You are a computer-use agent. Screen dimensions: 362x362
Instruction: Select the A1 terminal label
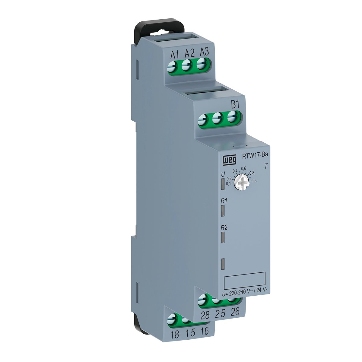(x=43, y=55)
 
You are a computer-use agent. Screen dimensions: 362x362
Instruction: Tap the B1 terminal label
(x=235, y=104)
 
